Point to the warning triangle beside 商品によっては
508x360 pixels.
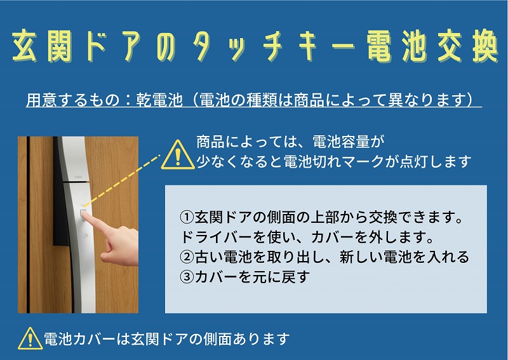pyautogui.click(x=178, y=155)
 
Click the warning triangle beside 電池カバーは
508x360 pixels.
pyautogui.click(x=30, y=338)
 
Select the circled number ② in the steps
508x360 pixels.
pyautogui.click(x=187, y=257)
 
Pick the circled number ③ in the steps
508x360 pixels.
pyautogui.click(x=187, y=277)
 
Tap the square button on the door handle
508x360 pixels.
pyautogui.click(x=83, y=213)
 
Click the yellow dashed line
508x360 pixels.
pyautogui.click(x=121, y=180)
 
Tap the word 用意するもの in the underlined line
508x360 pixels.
pyautogui.click(x=73, y=100)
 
